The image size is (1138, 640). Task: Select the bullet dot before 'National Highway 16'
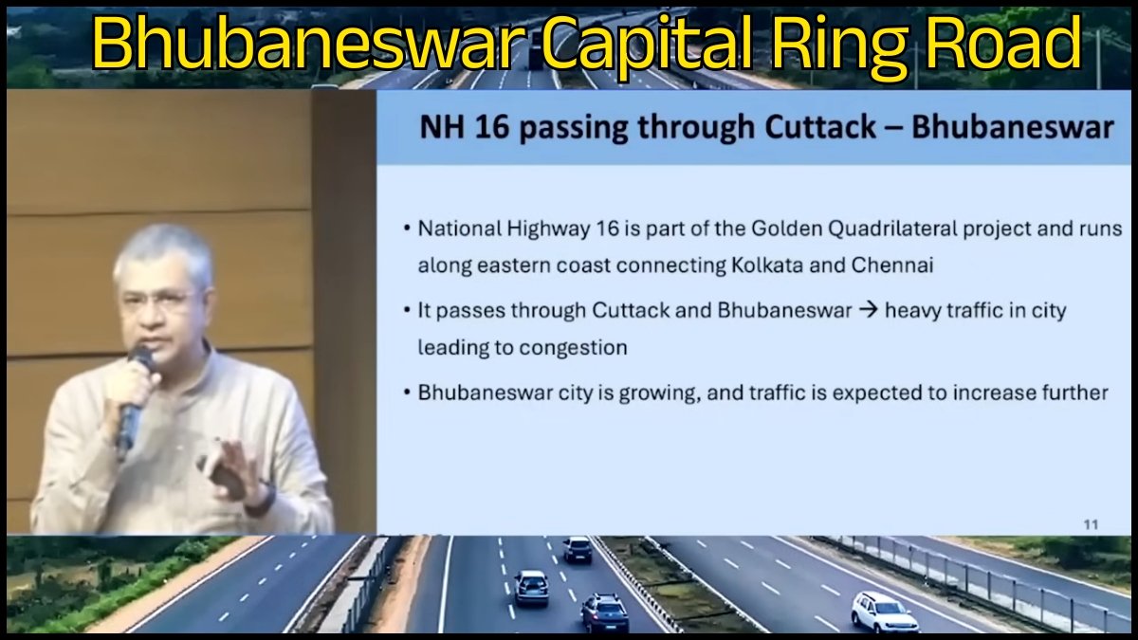pos(407,229)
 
